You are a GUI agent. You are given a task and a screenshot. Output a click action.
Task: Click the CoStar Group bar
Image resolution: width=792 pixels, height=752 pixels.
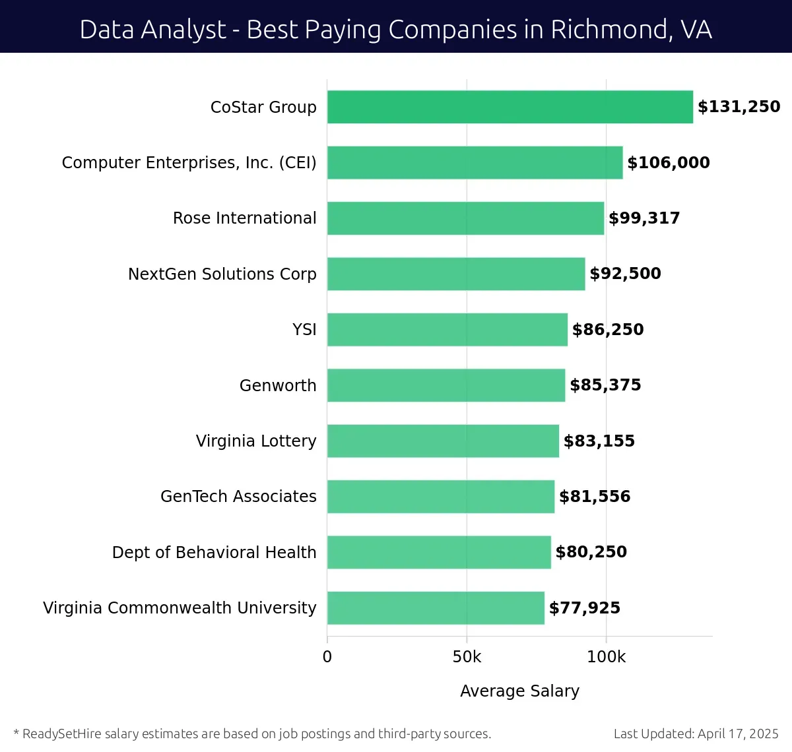510,107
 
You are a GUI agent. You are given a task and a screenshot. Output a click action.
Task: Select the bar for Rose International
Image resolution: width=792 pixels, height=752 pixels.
465,218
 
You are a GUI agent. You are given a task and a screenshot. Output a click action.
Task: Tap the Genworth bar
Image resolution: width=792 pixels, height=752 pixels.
446,385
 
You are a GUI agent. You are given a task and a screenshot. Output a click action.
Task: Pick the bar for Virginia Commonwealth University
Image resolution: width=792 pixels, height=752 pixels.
436,608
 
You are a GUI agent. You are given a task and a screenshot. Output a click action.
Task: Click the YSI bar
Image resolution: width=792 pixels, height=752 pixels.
447,330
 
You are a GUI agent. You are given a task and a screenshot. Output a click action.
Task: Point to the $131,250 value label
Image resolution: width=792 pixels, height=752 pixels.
739,107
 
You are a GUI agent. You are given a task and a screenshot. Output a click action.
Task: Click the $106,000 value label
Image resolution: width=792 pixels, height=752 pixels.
668,163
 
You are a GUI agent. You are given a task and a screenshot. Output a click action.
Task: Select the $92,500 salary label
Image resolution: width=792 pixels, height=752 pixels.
625,274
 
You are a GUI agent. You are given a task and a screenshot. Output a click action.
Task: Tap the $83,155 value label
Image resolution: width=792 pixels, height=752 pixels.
599,441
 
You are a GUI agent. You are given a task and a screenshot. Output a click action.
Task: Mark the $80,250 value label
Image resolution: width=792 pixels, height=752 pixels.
591,552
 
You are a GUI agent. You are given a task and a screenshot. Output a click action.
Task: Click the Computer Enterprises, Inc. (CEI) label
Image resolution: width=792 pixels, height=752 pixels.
189,163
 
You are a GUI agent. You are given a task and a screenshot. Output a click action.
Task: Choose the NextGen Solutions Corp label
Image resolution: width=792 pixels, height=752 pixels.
222,274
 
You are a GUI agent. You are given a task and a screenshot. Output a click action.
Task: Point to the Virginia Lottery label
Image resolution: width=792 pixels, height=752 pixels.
256,441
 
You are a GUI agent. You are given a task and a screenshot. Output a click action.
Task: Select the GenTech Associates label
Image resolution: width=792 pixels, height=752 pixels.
238,497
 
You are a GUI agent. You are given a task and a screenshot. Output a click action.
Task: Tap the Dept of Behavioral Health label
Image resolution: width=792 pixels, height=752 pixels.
214,553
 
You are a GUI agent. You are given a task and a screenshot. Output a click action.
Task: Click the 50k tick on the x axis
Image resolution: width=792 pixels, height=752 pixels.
467,657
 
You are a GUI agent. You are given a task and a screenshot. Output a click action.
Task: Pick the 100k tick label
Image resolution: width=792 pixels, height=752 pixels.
606,657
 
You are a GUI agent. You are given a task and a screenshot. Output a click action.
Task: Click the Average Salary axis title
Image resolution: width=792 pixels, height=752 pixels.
519,691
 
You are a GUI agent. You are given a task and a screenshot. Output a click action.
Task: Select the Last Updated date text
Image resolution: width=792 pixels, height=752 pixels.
696,734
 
